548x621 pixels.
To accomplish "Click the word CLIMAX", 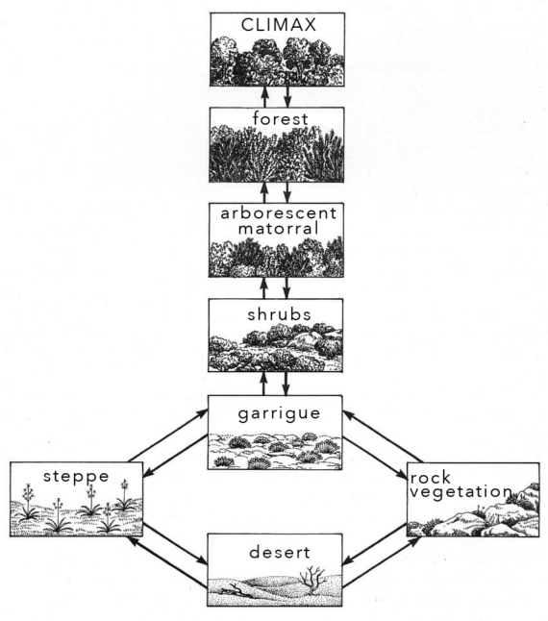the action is pyautogui.click(x=279, y=25).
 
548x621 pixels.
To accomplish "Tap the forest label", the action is pyautogui.click(x=281, y=119).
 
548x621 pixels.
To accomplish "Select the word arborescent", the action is pyautogui.click(x=279, y=213).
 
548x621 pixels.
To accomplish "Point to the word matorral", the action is pyautogui.click(x=279, y=229).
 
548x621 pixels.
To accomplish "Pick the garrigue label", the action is pyautogui.click(x=279, y=414).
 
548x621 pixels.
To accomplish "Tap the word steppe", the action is pyautogui.click(x=76, y=477).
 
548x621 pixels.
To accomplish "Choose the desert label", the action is pyautogui.click(x=280, y=552).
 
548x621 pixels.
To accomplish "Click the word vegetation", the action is pyautogui.click(x=461, y=492).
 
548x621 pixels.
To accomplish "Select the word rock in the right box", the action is pyautogui.click(x=431, y=478).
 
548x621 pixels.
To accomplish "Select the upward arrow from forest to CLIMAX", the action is pyautogui.click(x=265, y=97).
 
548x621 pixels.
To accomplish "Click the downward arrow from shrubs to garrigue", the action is pyautogui.click(x=286, y=384).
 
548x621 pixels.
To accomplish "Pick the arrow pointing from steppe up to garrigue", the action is pyautogui.click(x=168, y=436).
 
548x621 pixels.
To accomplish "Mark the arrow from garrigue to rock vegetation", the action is pyautogui.click(x=375, y=459).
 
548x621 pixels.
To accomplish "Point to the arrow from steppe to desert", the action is pyautogui.click(x=175, y=544).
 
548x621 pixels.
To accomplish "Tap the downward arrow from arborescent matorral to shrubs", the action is pyautogui.click(x=286, y=288).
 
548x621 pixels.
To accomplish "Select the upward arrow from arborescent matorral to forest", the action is pyautogui.click(x=265, y=193).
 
